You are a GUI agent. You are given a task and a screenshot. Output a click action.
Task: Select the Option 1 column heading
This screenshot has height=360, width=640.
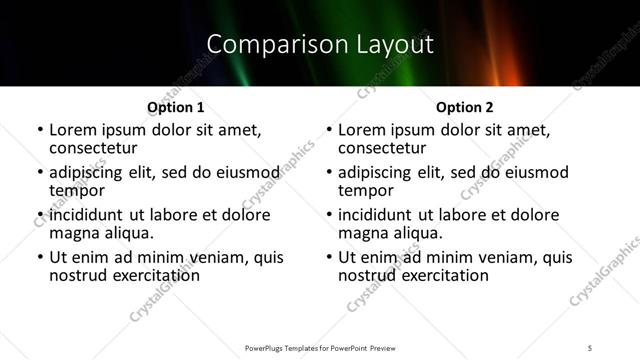[x=175, y=107]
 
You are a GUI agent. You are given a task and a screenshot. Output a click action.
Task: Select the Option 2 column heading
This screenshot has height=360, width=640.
[x=464, y=107]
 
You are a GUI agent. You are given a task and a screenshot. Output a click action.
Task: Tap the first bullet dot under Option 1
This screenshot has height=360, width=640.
[x=39, y=131]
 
